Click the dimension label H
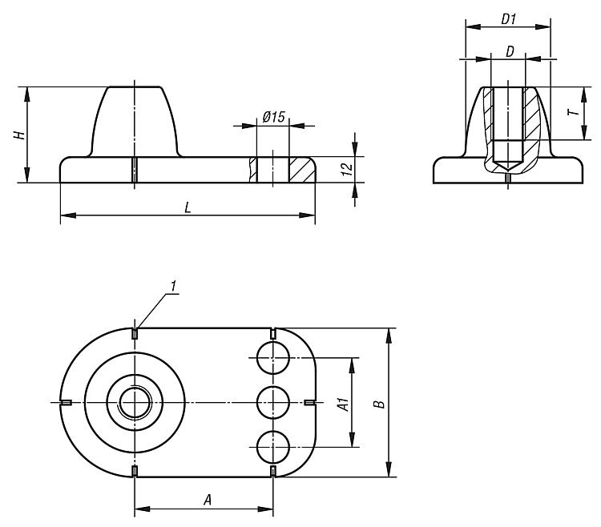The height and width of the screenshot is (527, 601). click(20, 135)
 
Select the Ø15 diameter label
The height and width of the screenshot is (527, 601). click(274, 117)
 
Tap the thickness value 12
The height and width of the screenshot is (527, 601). click(347, 169)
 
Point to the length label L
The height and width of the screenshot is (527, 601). click(188, 207)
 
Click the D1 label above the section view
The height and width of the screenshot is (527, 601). click(509, 18)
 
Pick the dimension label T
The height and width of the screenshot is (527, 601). click(573, 113)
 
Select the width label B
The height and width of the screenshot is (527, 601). click(380, 404)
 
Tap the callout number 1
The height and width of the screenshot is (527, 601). click(173, 285)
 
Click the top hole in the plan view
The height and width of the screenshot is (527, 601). click(273, 358)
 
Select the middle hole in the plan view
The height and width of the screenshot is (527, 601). click(273, 403)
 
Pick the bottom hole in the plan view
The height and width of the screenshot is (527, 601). click(273, 447)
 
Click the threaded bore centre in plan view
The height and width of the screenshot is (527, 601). click(135, 403)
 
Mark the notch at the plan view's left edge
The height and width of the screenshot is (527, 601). click(66, 402)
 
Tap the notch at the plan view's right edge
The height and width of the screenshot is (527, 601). click(309, 402)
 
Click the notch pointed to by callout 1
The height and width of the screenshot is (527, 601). click(135, 333)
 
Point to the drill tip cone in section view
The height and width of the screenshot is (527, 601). click(508, 165)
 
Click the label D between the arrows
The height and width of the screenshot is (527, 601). click(510, 51)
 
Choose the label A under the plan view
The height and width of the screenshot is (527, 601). click(208, 500)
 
